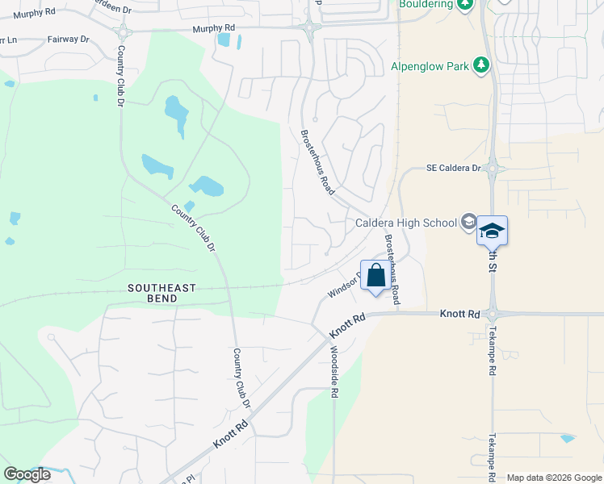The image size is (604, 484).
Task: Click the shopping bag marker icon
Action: coord(376,276)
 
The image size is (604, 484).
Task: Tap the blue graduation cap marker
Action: coord(491,231)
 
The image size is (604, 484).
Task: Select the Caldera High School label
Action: coord(405,223)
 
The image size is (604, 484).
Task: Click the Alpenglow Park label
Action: coord(430,66)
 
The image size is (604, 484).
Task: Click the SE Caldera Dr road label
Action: coord(453,169)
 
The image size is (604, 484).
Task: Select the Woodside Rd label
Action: coord(333,372)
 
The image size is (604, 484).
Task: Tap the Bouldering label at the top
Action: coord(426,3)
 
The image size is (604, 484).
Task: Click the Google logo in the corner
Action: coord(27,474)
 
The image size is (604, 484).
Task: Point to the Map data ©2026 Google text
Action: coord(554,478)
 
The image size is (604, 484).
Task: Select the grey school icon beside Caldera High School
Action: coord(468,222)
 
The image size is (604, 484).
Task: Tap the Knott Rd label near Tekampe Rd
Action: coord(460,313)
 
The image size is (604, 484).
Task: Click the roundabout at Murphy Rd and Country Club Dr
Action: coord(123,32)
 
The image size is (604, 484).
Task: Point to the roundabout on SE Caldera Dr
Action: coord(492,169)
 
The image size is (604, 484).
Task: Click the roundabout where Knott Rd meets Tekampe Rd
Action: coord(492,314)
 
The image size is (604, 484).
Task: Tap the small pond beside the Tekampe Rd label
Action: coord(568,439)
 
